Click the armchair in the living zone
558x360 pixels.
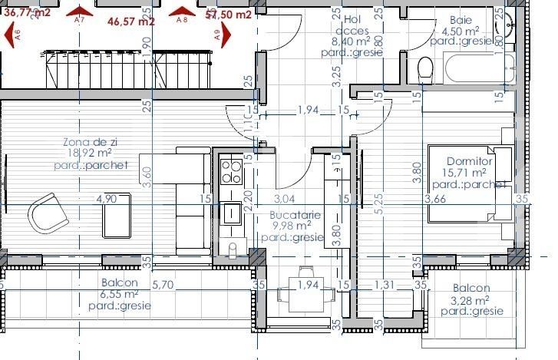pos(46,214)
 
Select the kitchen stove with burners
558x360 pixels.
pos(230,170)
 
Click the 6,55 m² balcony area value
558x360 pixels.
pos(119,293)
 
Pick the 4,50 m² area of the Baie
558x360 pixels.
pos(461,31)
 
